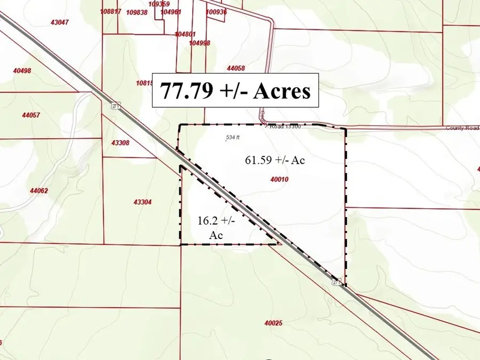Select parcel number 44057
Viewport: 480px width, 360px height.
click(x=31, y=115)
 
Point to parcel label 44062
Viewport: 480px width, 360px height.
click(x=39, y=190)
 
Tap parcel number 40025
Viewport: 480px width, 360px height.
click(x=273, y=323)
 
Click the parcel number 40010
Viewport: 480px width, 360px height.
click(x=279, y=180)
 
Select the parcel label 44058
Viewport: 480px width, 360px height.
click(x=236, y=68)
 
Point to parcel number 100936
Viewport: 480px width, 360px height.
click(x=216, y=12)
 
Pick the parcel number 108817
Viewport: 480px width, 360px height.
click(x=110, y=11)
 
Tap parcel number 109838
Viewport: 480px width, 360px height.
click(x=137, y=12)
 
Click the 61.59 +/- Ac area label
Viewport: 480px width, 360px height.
click(x=275, y=160)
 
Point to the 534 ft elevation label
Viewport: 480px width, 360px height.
click(x=233, y=138)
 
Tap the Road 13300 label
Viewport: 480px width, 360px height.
click(x=285, y=127)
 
